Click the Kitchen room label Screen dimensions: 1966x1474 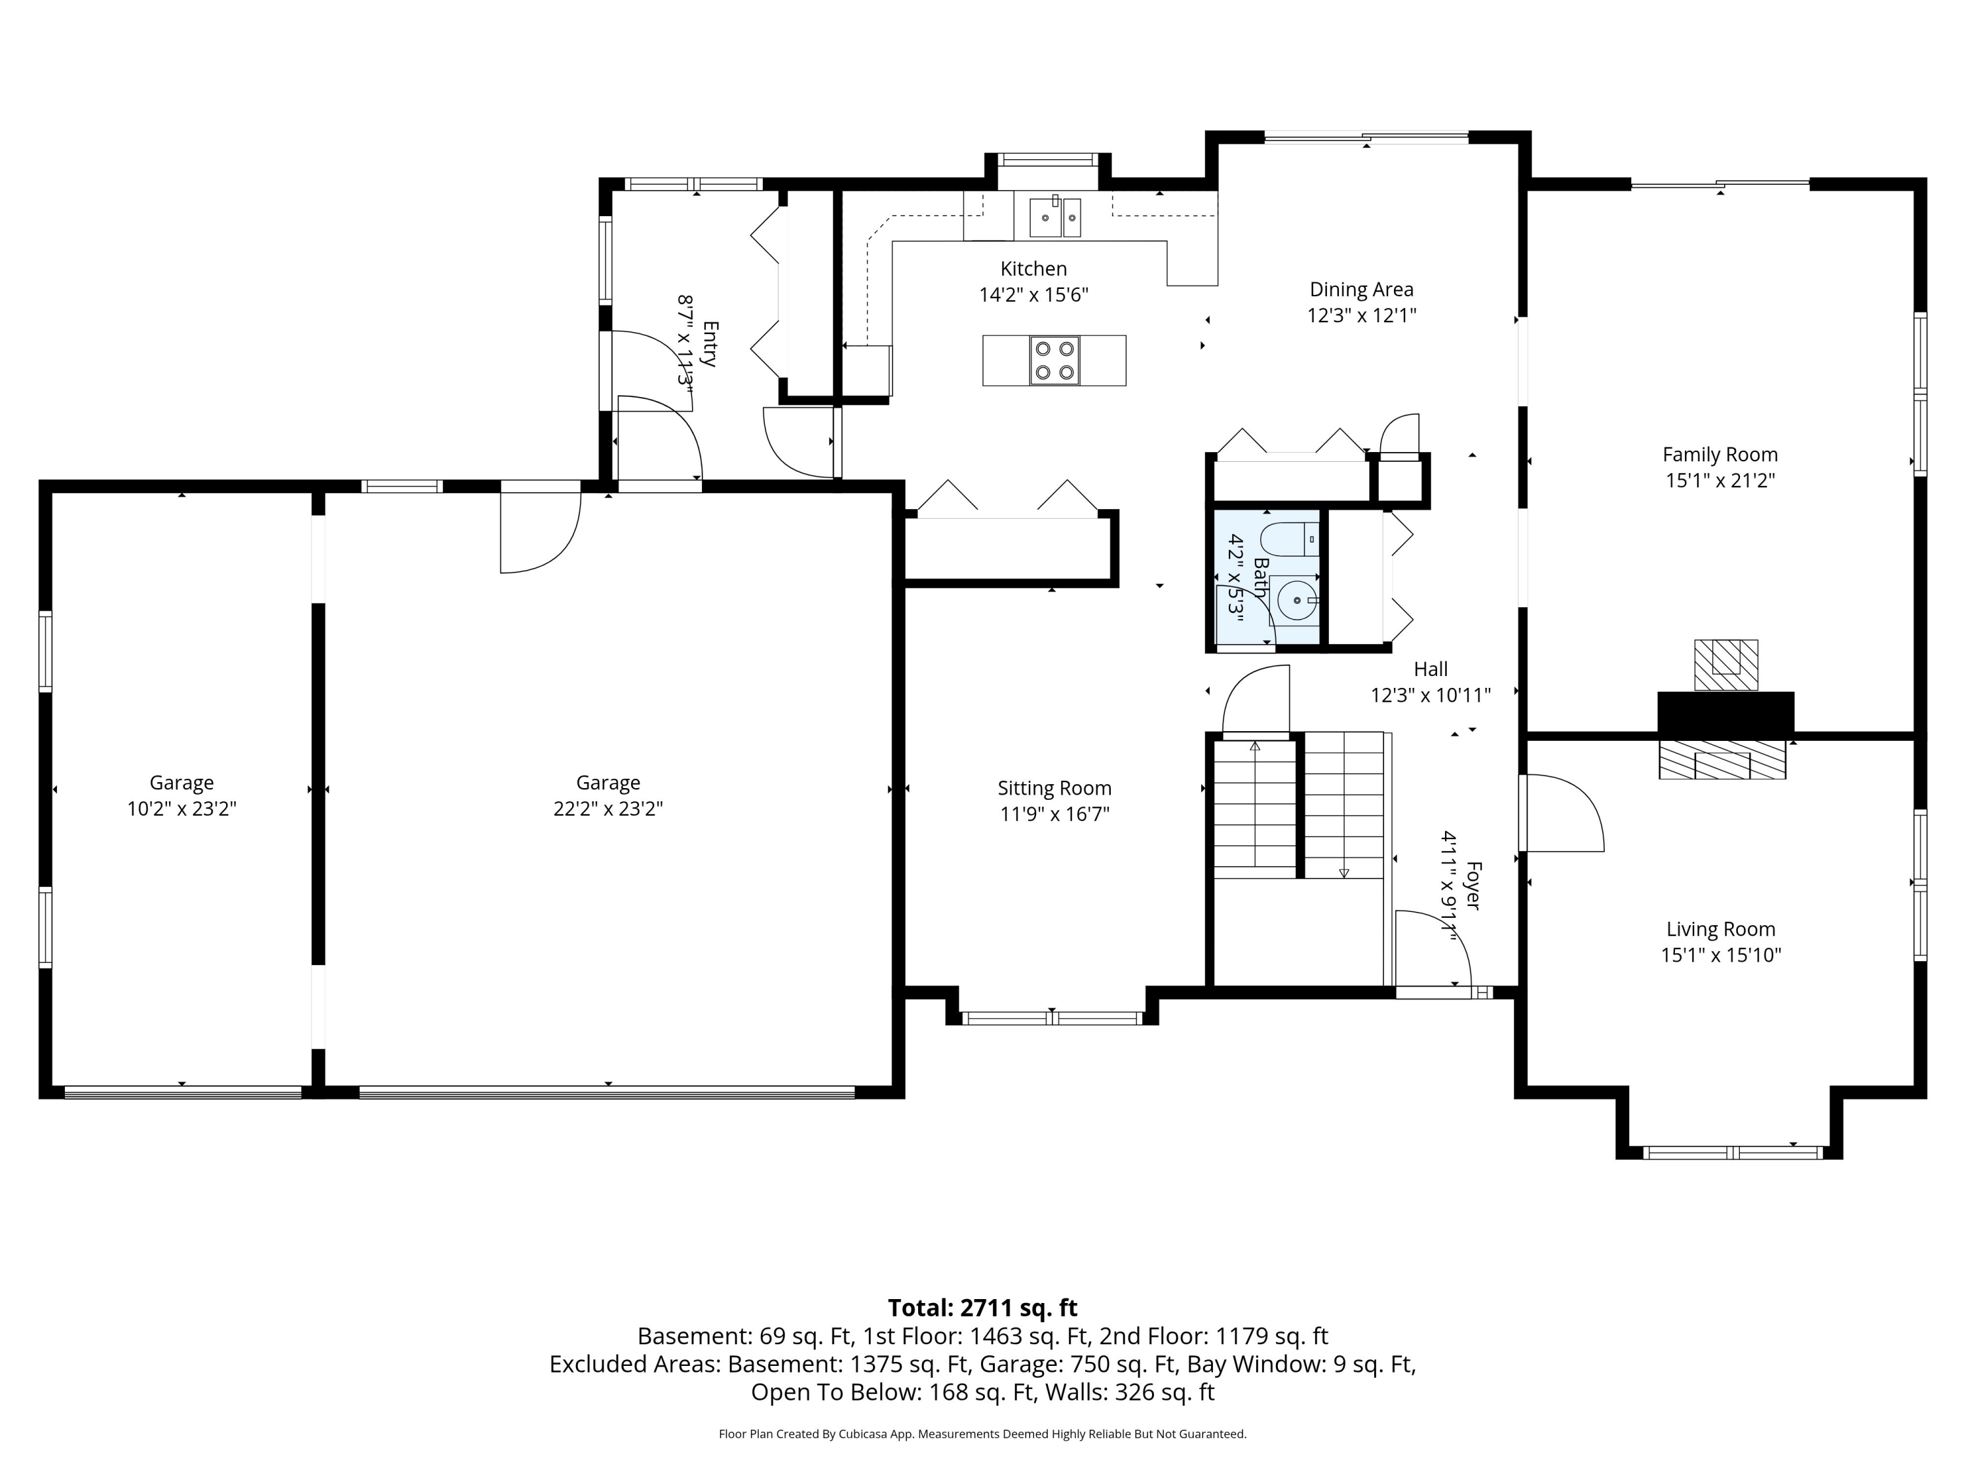(1033, 269)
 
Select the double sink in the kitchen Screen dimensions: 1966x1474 (1055, 217)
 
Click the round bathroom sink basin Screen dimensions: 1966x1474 (1298, 601)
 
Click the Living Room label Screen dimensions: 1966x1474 (1721, 930)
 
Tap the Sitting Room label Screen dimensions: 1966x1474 (1054, 788)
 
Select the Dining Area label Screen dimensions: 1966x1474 (1362, 290)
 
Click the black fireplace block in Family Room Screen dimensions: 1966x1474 (1725, 713)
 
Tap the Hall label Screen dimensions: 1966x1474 (1431, 669)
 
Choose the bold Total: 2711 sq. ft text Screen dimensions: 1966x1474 (982, 1308)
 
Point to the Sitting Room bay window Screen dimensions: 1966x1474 (1052, 1018)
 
